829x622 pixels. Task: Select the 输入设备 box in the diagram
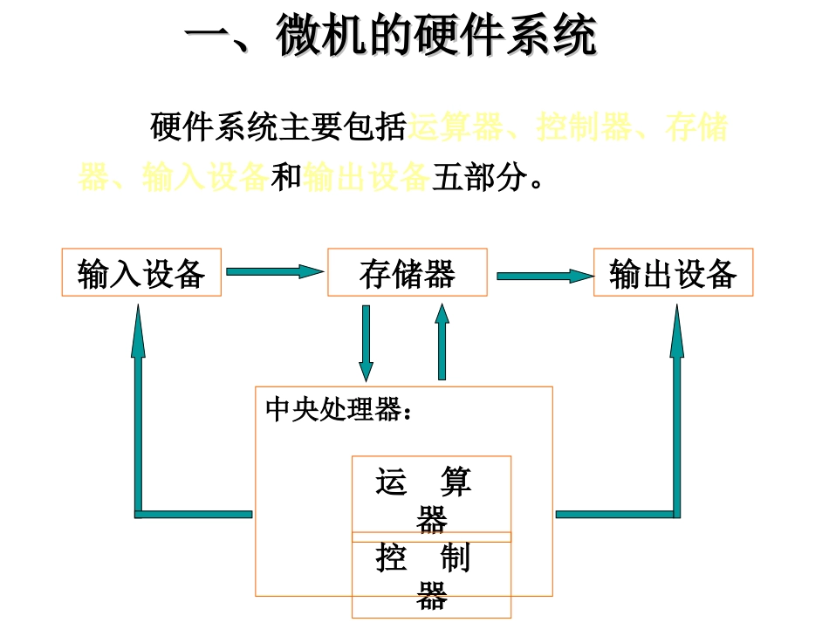(141, 273)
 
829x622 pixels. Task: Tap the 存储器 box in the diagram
(407, 273)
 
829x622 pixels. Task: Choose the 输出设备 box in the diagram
(673, 273)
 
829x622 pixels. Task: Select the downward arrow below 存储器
(366, 342)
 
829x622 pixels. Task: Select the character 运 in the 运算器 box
(392, 482)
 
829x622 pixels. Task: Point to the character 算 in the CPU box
(456, 482)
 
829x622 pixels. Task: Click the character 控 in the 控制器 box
(392, 557)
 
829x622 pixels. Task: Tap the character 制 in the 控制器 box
(456, 557)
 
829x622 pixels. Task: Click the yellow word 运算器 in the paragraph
(456, 127)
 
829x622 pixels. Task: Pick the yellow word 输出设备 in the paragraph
(366, 176)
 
